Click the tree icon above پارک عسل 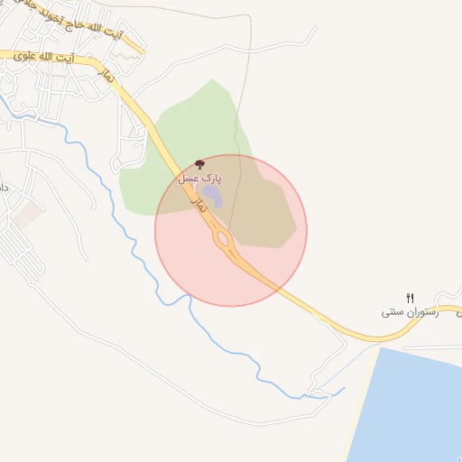point(199,165)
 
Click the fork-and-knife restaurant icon point(411,297)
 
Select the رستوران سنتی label point(410,311)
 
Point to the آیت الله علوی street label point(44,56)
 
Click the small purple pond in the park point(210,197)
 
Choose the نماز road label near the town point(109,78)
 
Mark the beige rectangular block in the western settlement point(28,214)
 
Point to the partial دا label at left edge point(5,187)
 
